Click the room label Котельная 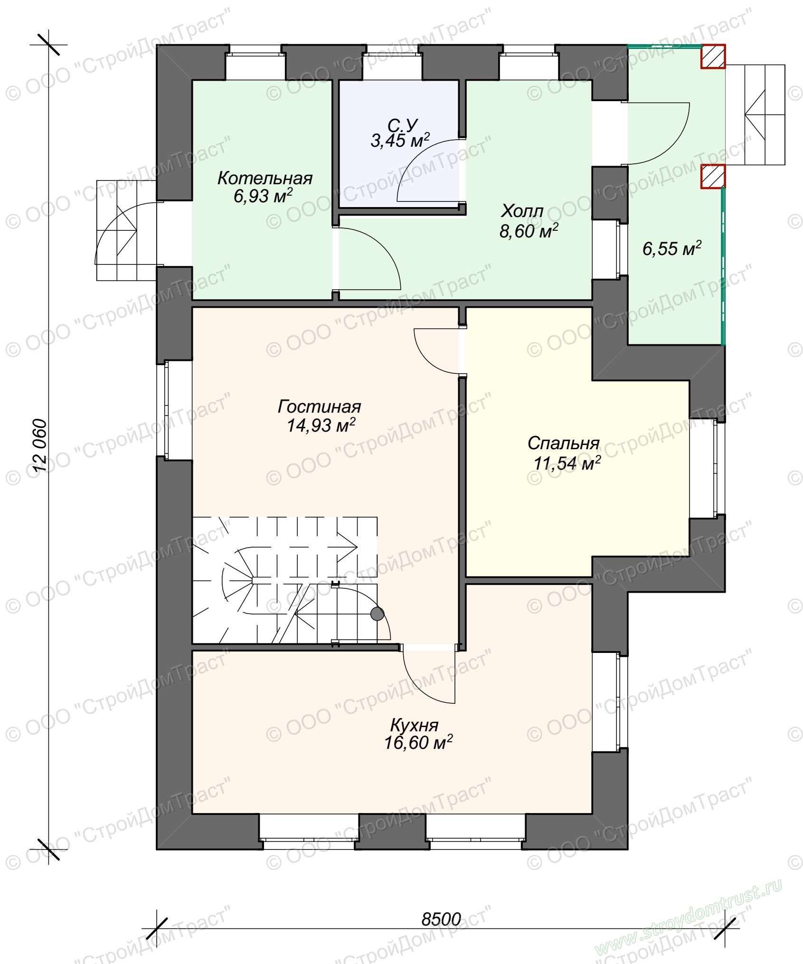coord(265,179)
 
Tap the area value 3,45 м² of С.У coord(400,141)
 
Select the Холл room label coord(522,211)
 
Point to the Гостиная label coord(320,407)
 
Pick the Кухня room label coord(414,725)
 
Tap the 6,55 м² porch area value coord(672,248)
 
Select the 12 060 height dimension coord(41,445)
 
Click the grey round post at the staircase coord(377,614)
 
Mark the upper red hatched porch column coord(713,57)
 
